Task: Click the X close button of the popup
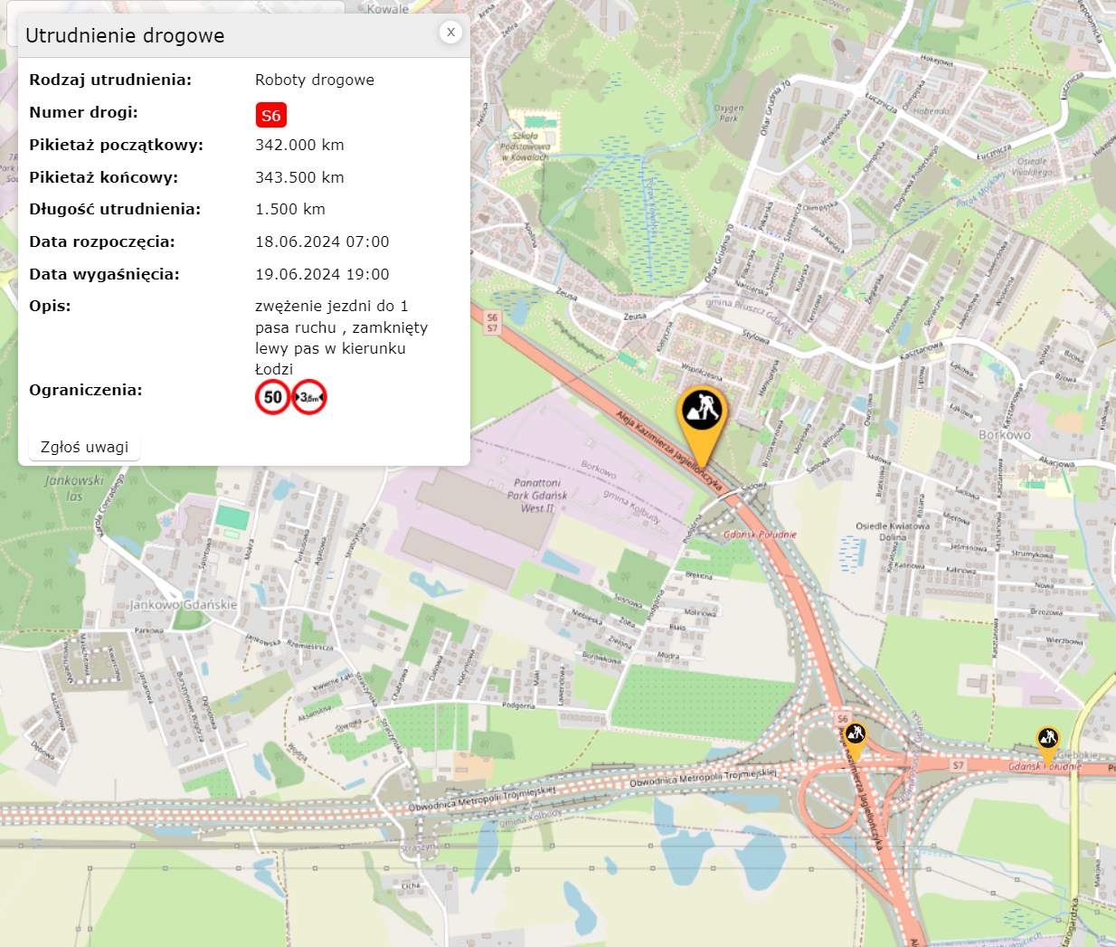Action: pos(450,32)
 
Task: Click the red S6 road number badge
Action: pos(270,115)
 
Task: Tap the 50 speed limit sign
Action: pos(272,397)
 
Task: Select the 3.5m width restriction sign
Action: pos(309,397)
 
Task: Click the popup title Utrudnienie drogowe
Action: pos(125,36)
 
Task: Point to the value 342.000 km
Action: pos(299,145)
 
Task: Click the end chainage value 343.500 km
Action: pos(299,177)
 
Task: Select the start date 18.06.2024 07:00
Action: pos(322,241)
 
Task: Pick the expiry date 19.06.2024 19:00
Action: pos(322,274)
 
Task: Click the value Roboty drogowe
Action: pos(314,80)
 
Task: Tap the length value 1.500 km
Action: pos(289,209)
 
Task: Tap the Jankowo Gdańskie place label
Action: pos(183,604)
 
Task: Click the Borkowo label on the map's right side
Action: pos(1004,435)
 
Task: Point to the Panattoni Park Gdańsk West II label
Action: pos(537,496)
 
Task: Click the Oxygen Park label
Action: pos(728,113)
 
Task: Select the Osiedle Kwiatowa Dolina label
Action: pos(893,531)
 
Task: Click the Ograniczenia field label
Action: pos(85,390)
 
